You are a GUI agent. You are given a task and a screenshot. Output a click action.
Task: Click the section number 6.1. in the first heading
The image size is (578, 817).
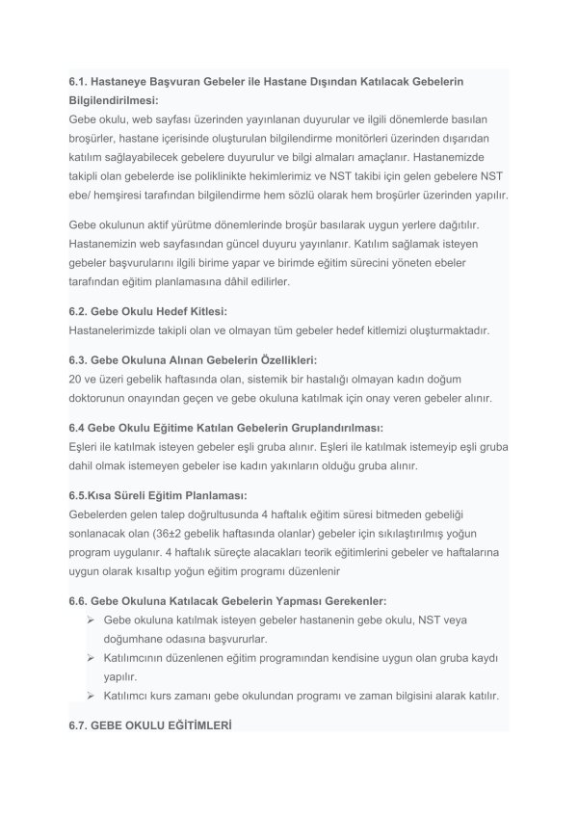(80, 83)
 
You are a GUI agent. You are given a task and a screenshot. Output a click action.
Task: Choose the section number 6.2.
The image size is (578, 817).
(80, 311)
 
